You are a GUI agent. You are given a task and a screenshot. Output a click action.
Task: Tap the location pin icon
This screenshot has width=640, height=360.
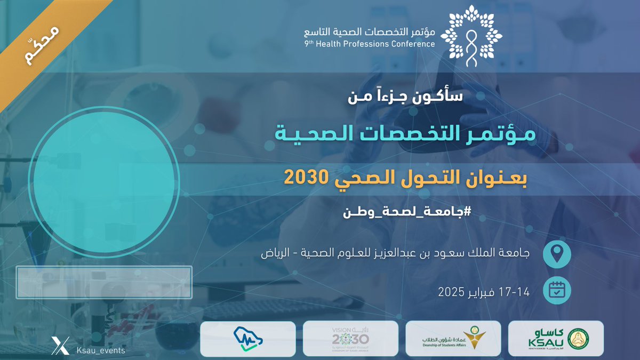pyautogui.click(x=556, y=253)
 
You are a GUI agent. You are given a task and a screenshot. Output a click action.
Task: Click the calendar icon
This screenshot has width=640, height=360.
pyautogui.click(x=556, y=291)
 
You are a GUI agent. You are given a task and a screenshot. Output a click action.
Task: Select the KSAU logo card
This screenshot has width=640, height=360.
pyautogui.click(x=556, y=339)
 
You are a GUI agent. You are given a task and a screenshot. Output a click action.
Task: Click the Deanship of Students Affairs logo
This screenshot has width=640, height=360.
pyautogui.click(x=453, y=339)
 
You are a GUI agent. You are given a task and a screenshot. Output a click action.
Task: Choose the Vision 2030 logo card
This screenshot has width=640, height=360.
pyautogui.click(x=350, y=339)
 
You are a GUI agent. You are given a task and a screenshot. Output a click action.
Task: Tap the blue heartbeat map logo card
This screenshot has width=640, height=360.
pyautogui.click(x=247, y=339)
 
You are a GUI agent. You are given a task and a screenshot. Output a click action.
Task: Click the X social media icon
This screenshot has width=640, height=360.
pyautogui.click(x=58, y=346)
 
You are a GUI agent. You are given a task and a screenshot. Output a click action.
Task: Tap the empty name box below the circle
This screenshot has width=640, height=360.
pyautogui.click(x=104, y=282)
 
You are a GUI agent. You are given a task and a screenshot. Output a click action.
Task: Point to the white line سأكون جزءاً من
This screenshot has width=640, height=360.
pyautogui.click(x=406, y=98)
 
